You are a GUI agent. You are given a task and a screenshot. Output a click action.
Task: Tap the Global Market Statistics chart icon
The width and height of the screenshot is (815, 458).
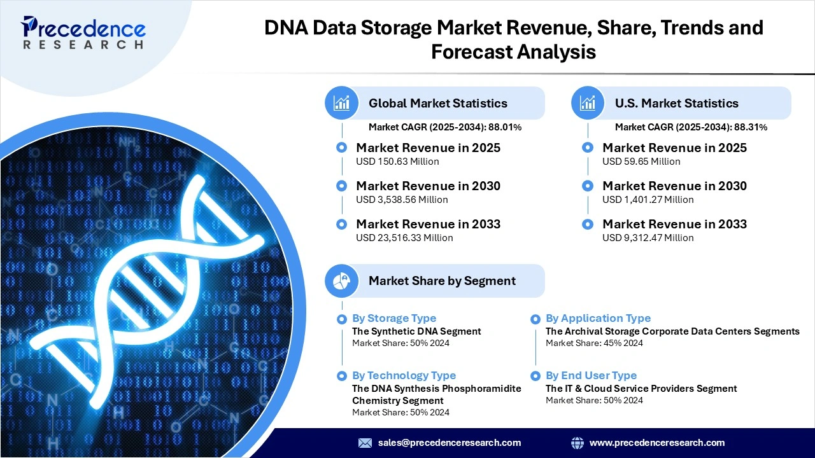[342, 103]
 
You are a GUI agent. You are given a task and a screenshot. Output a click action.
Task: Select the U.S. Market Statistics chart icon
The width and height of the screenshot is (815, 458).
[588, 103]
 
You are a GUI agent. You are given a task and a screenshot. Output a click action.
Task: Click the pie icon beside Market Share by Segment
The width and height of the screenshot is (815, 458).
[342, 281]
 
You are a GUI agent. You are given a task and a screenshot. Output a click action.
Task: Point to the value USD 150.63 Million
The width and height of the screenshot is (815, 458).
[397, 162]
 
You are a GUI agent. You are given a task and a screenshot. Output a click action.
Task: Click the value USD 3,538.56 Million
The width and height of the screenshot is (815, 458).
[402, 200]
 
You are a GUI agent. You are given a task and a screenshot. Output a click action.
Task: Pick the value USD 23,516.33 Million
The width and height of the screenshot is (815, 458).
[404, 238]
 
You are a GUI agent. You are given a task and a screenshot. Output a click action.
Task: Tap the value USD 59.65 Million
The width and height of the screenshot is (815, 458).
[641, 162]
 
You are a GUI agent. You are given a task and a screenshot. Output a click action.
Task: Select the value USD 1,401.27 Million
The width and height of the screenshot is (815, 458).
[648, 200]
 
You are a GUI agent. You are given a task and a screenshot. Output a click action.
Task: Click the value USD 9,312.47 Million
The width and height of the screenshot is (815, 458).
[648, 238]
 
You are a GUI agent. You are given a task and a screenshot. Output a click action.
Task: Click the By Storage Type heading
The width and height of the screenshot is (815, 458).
[394, 318]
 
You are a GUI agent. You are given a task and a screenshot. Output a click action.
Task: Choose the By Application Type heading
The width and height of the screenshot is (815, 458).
[598, 318]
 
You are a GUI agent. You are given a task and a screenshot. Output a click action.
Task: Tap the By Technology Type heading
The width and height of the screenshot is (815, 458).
[404, 375]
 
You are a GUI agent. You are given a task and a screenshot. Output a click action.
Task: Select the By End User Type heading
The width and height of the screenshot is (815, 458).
[591, 375]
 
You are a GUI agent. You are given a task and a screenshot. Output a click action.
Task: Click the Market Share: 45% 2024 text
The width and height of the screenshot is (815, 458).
[594, 343]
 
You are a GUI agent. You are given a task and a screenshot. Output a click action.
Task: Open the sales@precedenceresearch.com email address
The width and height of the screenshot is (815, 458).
[450, 443]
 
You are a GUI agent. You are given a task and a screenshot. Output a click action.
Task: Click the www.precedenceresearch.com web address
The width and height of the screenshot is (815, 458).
[657, 443]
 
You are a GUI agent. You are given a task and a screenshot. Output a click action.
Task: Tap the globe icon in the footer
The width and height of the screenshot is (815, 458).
[578, 443]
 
